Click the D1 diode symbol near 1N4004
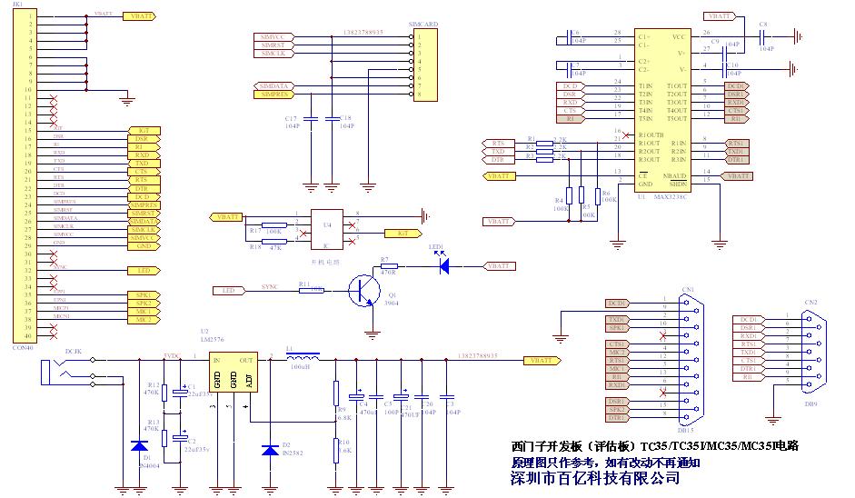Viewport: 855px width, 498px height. (139, 446)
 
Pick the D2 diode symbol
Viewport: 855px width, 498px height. (270, 450)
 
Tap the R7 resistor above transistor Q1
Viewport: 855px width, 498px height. (386, 266)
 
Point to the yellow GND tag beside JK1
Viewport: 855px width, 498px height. (143, 246)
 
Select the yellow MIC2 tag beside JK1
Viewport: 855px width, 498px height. (143, 320)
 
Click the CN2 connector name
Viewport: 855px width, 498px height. (810, 302)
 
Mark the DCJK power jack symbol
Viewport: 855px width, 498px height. (56, 370)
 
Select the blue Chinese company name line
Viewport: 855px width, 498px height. (596, 477)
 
